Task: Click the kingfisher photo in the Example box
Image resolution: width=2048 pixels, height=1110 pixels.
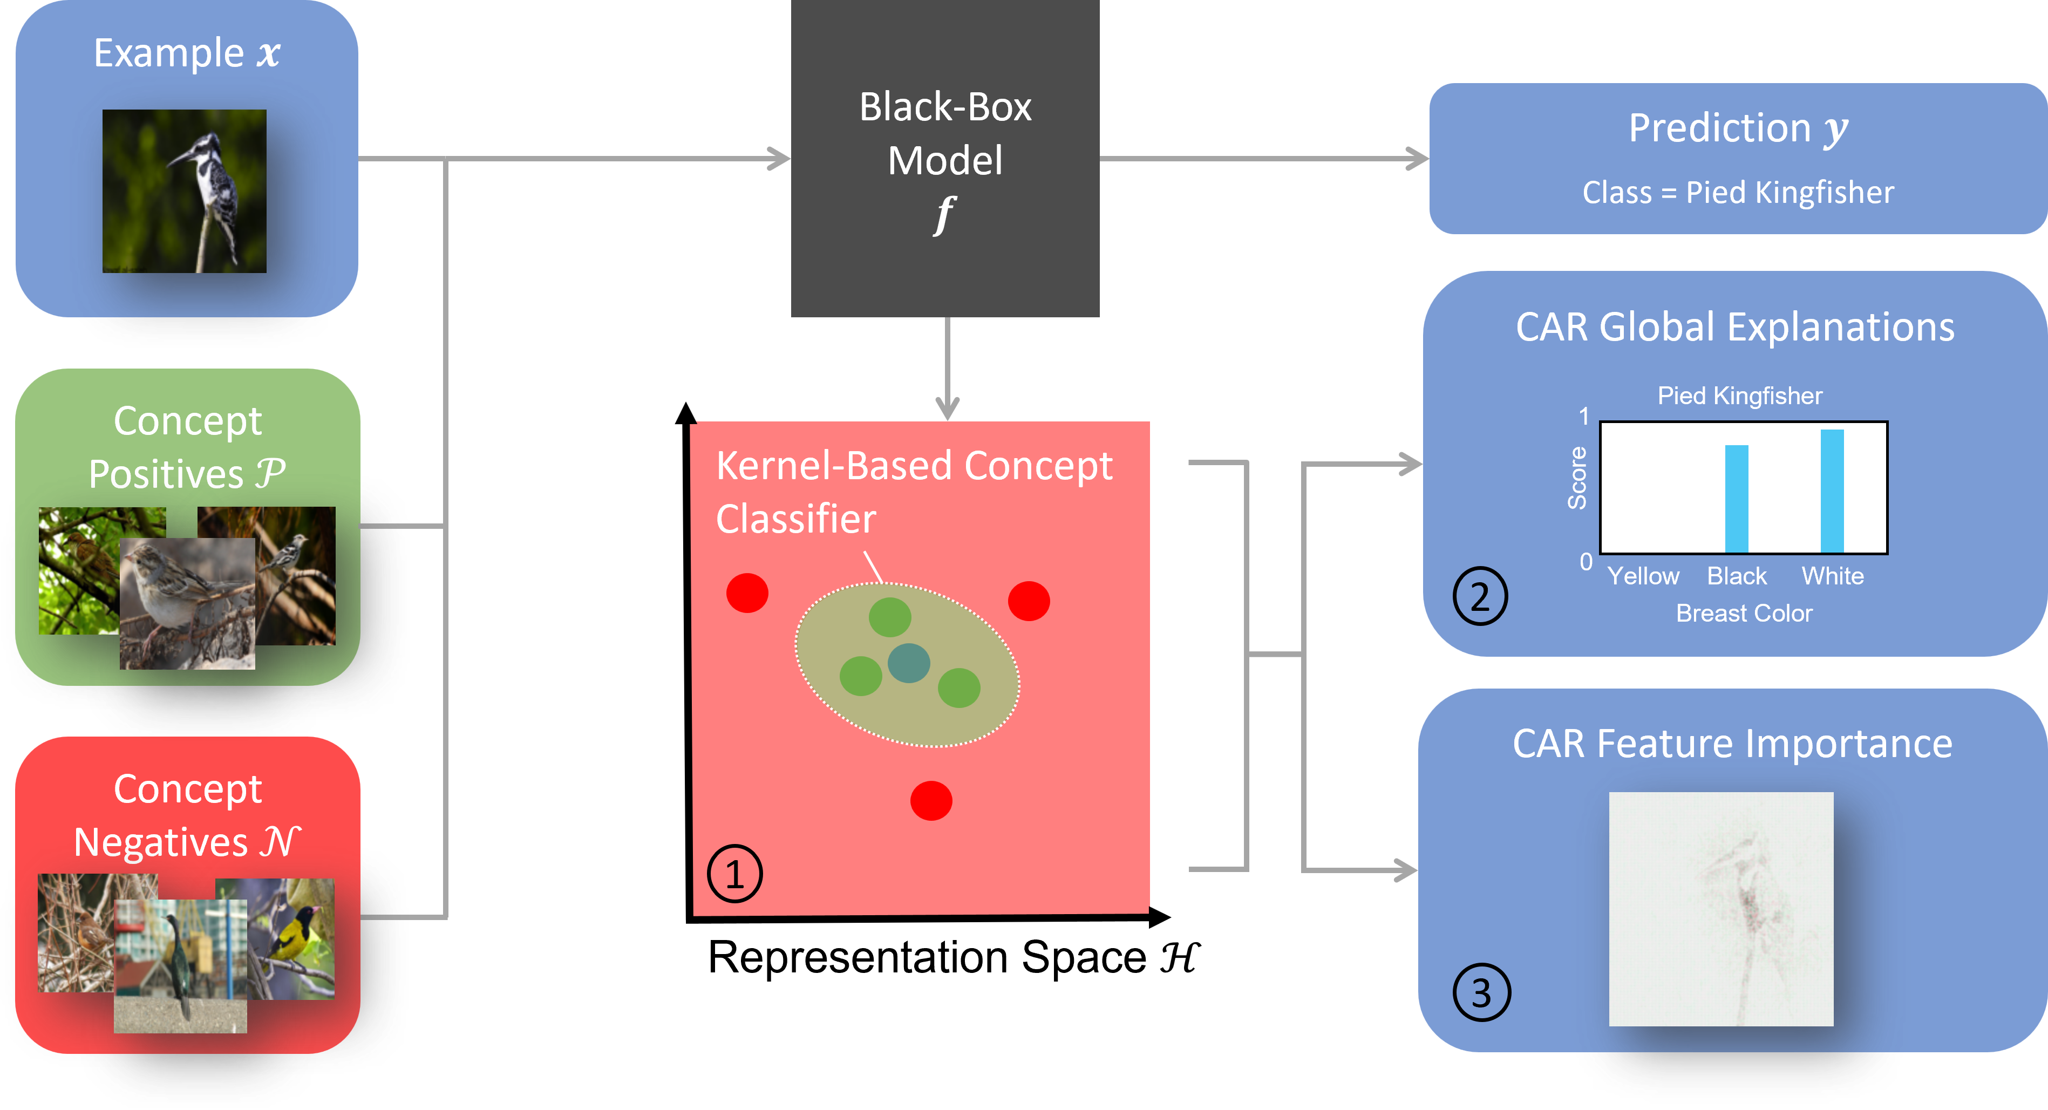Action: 185,191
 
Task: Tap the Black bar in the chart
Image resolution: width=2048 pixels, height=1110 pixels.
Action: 1737,499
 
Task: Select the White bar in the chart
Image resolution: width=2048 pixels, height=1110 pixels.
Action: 1832,491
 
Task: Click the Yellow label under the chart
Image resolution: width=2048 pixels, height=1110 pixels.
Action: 1643,576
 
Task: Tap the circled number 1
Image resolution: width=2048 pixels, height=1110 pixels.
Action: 734,874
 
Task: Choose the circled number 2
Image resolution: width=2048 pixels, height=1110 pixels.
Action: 1480,596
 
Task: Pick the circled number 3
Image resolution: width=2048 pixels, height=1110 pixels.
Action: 1481,992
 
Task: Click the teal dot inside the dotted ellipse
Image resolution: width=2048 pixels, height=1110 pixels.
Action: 909,662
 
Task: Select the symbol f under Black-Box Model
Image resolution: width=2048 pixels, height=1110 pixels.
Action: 944,215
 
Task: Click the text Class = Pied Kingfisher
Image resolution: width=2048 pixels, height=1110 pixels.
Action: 1738,193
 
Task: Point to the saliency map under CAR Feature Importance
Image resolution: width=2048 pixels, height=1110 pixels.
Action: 1720,909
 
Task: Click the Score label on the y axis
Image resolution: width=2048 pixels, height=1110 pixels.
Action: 1576,477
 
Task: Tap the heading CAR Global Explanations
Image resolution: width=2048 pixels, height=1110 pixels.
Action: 1735,327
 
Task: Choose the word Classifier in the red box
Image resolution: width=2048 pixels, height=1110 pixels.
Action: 796,519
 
